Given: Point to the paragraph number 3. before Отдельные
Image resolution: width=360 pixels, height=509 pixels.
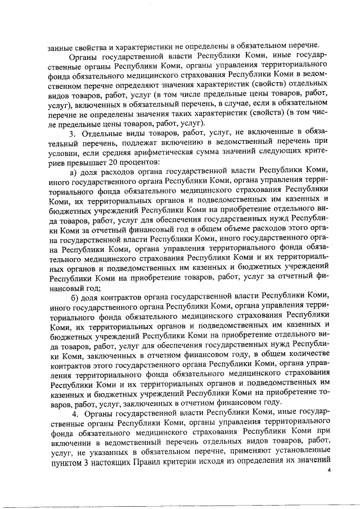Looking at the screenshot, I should [72, 132].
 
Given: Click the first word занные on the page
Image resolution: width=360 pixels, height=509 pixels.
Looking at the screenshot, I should [61, 45].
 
